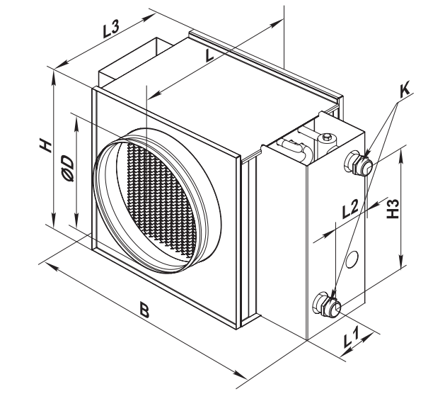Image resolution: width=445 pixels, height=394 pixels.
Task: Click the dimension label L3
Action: point(111,31)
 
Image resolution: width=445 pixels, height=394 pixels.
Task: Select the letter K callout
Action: point(405,91)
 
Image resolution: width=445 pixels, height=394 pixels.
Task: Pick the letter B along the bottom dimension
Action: point(144,310)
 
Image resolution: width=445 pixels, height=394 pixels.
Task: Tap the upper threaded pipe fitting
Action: point(359,164)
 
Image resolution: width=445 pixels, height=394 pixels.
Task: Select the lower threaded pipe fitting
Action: point(328,305)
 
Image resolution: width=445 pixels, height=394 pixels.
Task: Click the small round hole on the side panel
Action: point(354,254)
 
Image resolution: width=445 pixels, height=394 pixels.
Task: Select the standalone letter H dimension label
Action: point(45,146)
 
